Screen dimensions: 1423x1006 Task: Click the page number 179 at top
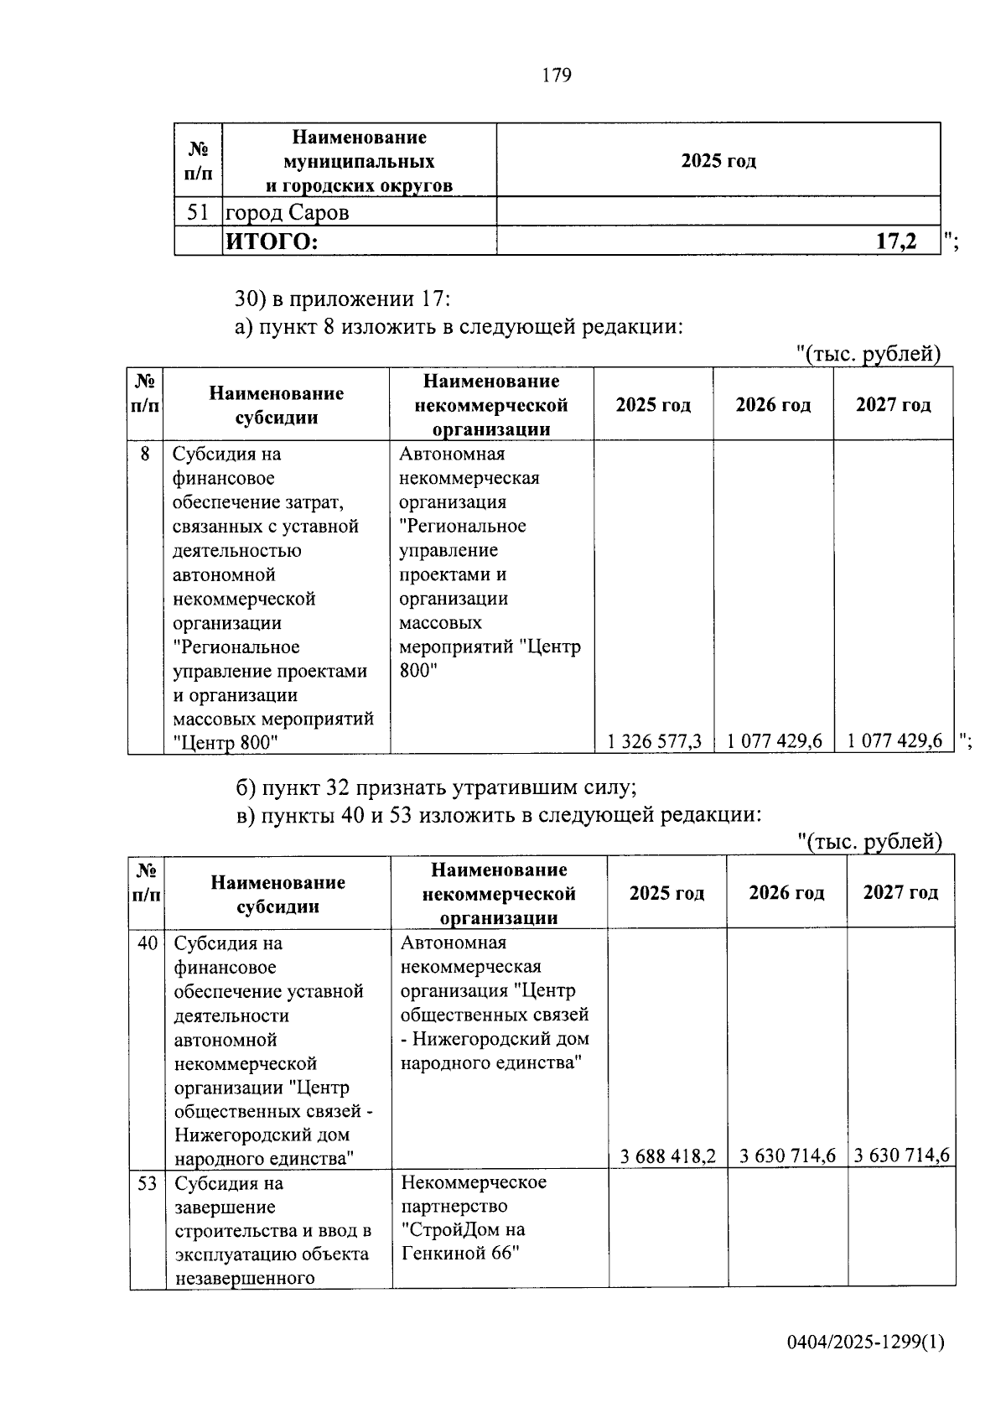[557, 75]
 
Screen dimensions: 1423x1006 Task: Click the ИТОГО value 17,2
[895, 242]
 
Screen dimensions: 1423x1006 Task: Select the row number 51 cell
[198, 212]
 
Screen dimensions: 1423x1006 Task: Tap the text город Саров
[287, 213]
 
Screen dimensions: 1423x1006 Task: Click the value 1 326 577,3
[654, 741]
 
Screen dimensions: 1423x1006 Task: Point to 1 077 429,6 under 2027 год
[895, 741]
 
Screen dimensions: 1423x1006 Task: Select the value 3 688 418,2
[667, 1156]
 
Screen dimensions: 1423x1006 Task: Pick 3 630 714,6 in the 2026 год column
[787, 1156]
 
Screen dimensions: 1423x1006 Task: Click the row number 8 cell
[145, 454]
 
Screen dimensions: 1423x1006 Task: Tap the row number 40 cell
[147, 943]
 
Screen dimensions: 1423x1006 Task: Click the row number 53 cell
[147, 1183]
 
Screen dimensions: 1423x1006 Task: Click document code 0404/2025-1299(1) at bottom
[865, 1343]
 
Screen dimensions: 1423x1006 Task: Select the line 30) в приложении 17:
[342, 299]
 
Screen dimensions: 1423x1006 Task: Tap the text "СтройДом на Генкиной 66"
[463, 1242]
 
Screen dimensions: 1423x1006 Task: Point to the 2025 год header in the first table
[718, 160]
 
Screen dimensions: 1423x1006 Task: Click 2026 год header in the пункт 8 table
[773, 405]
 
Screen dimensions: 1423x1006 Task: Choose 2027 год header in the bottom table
[900, 892]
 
